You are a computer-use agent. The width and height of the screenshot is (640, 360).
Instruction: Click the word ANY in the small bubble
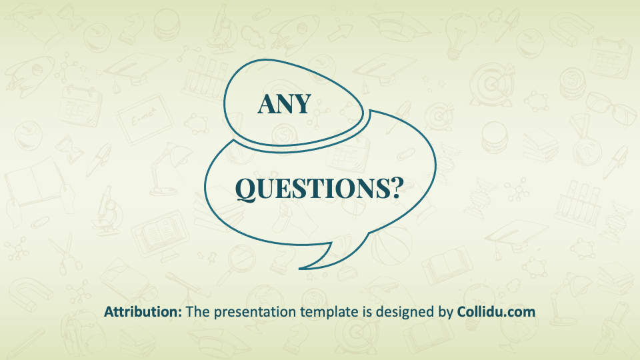coord(285,104)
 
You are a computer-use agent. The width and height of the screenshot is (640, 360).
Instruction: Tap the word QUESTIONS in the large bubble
coord(312,189)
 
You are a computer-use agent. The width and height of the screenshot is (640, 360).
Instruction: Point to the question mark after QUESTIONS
coord(396,188)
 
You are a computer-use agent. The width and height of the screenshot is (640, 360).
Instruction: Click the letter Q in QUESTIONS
coord(246,189)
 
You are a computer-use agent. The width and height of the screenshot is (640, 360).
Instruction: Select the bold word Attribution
coord(143,312)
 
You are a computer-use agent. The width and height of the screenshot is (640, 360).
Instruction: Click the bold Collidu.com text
coord(496,312)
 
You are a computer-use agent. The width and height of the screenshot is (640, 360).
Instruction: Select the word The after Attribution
coord(198,312)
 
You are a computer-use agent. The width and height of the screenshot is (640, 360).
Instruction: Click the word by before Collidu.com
coord(446,313)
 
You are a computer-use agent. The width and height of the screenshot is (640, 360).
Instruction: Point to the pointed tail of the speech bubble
coord(301,269)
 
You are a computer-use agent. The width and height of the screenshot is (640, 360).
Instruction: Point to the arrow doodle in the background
coord(339,32)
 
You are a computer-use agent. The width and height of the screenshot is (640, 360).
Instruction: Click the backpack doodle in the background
coord(80,333)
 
